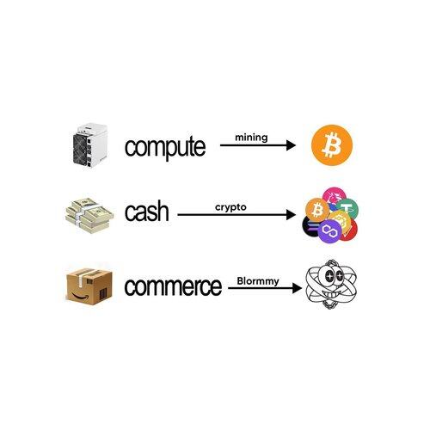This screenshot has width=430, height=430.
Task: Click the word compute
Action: (x=165, y=147)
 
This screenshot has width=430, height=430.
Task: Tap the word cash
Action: (x=146, y=212)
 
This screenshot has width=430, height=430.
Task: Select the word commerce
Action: (x=173, y=286)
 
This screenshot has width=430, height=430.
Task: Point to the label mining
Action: (x=251, y=138)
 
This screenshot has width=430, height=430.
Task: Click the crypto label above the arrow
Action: (x=230, y=207)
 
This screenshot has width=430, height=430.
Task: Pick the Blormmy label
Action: (x=258, y=281)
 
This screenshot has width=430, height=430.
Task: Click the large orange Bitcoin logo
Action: (x=332, y=145)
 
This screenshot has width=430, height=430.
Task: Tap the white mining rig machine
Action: (x=89, y=145)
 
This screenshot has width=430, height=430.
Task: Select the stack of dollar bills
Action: (x=89, y=215)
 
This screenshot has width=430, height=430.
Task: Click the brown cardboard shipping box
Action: (x=89, y=286)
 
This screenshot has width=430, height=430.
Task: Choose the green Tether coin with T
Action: (x=347, y=208)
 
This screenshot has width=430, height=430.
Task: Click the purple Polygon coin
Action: (x=329, y=230)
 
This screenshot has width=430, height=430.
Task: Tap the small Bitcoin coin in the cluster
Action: (x=317, y=210)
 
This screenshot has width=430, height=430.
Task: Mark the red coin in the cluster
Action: (x=350, y=230)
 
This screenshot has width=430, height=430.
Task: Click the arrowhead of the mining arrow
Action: (x=291, y=145)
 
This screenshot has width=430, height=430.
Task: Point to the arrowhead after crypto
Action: (x=291, y=215)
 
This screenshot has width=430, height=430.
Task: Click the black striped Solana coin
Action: (x=310, y=226)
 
